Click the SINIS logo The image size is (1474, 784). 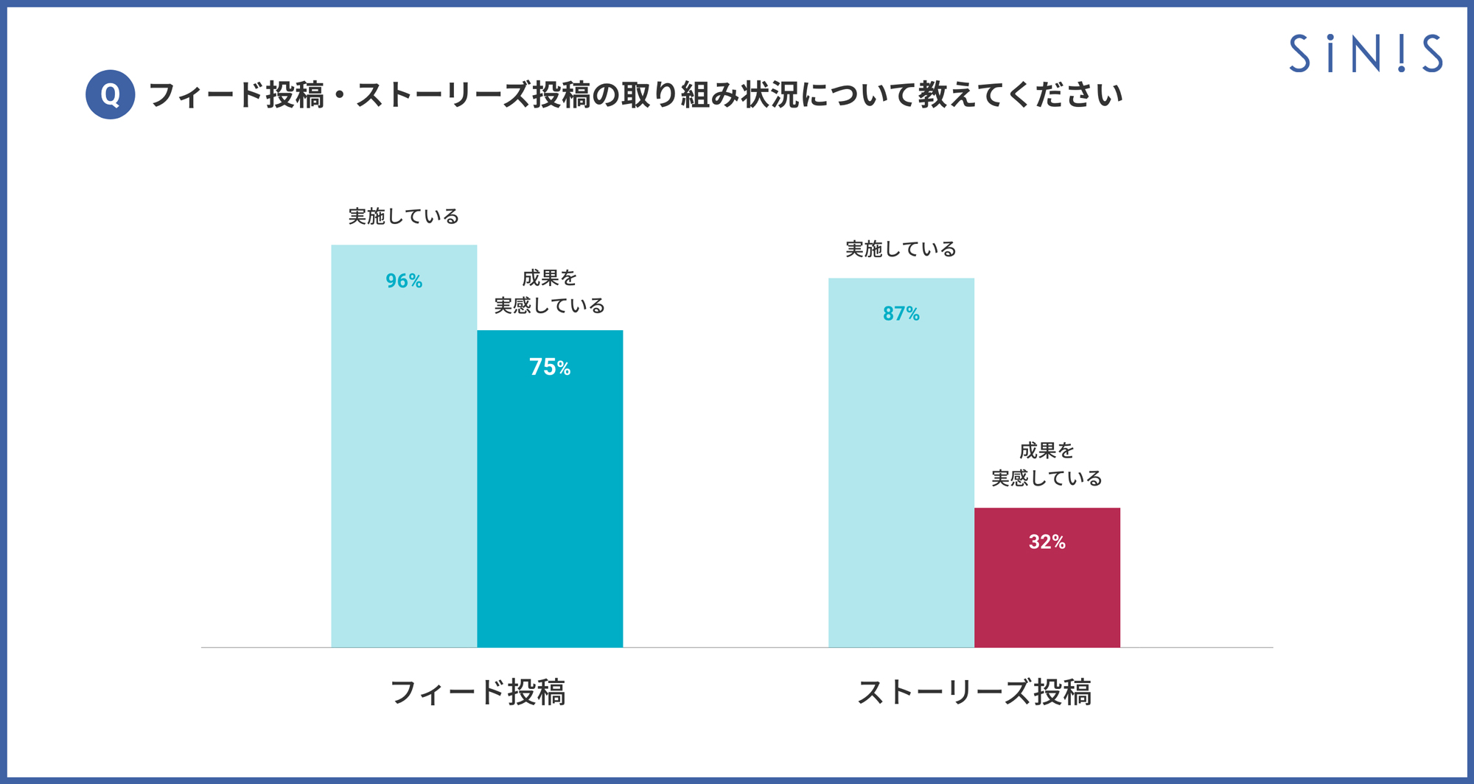pyautogui.click(x=1365, y=53)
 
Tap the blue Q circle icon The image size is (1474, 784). pyautogui.click(x=110, y=94)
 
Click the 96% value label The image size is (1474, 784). pyautogui.click(x=404, y=281)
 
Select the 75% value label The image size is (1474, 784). pyautogui.click(x=550, y=367)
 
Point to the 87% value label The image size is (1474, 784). pyautogui.click(x=901, y=314)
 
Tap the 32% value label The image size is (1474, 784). pyautogui.click(x=1047, y=542)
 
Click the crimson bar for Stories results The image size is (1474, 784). pyautogui.click(x=1047, y=597)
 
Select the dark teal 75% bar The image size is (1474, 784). pyautogui.click(x=550, y=501)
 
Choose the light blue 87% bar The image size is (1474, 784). pyautogui.click(x=901, y=479)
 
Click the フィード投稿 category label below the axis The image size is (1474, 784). pyautogui.click(x=478, y=693)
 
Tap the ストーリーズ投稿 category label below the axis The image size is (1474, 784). pyautogui.click(x=974, y=693)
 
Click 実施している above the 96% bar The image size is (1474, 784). pyautogui.click(x=404, y=217)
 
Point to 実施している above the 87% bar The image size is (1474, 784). pyautogui.click(x=901, y=250)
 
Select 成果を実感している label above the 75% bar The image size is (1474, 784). pyautogui.click(x=550, y=292)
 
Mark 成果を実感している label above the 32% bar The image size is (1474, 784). pyautogui.click(x=1047, y=464)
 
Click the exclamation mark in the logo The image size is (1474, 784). pyautogui.click(x=1401, y=53)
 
